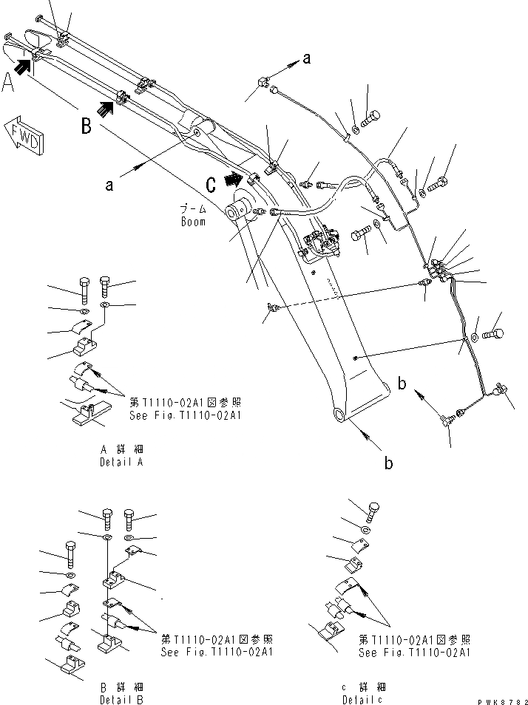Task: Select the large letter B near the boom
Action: pos(87,126)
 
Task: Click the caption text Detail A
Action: pos(121,463)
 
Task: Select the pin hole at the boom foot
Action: pos(338,415)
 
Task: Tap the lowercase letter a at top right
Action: pos(306,61)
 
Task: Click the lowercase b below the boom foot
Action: pos(387,463)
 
